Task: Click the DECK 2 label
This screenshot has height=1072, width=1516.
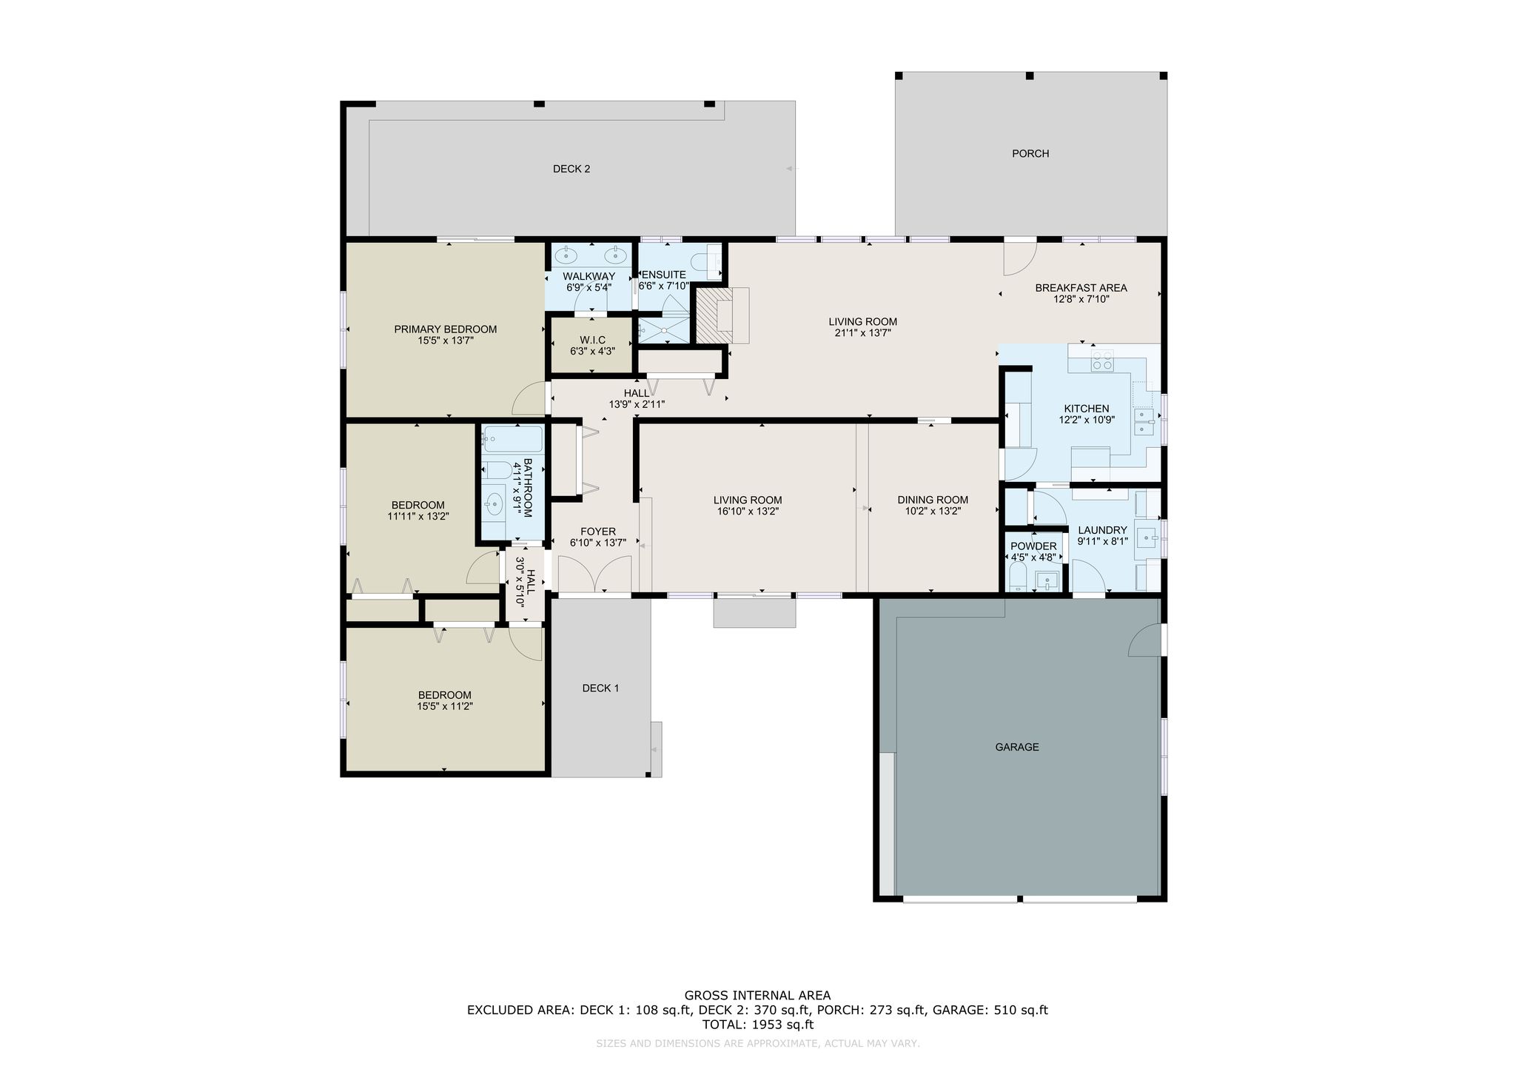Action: (571, 169)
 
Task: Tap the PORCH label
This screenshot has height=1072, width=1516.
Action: (1030, 153)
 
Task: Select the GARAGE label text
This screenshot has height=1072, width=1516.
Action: (1017, 747)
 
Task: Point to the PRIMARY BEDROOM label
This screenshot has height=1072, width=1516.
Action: (446, 329)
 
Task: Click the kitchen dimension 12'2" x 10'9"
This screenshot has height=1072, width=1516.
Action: (1087, 420)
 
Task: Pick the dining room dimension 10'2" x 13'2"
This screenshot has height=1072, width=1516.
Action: (933, 511)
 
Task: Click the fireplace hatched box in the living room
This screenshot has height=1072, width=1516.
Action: (714, 315)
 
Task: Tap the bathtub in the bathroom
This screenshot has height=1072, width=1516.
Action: (513, 440)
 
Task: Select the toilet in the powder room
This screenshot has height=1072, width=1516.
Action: (1018, 576)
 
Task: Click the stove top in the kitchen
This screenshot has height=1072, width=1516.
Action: (1101, 361)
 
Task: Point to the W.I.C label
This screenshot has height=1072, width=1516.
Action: (592, 340)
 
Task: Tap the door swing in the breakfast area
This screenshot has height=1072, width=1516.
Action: (1020, 258)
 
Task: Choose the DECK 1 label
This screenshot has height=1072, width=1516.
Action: (601, 688)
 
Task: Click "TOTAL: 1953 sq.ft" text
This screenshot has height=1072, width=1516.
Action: (757, 1025)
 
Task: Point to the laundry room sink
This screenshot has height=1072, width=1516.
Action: (1147, 535)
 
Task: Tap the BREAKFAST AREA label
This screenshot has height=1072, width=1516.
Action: (1081, 288)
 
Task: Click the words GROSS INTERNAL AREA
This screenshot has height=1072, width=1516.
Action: (757, 996)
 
